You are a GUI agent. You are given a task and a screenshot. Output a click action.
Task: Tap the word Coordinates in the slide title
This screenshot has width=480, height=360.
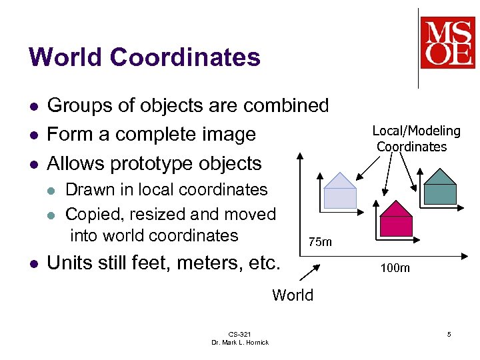tap(185, 57)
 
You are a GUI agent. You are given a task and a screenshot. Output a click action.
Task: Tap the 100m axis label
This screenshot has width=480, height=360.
tap(395, 269)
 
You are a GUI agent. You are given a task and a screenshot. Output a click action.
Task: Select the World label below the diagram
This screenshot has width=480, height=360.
tap(293, 295)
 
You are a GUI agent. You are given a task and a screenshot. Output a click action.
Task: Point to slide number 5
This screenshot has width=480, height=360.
tap(449, 334)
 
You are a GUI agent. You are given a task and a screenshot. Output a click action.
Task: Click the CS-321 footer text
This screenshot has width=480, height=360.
tap(240, 333)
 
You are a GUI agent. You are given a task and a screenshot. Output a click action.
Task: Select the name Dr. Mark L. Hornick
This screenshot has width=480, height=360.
tap(240, 342)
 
